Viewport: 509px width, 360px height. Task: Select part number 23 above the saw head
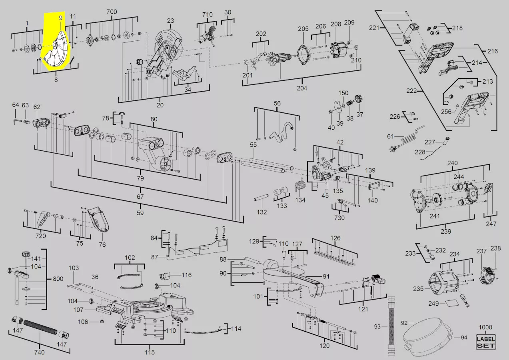[x=171, y=21]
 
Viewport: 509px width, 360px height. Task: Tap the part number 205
[x=303, y=28]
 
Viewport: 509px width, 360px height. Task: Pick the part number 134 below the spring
[x=300, y=200]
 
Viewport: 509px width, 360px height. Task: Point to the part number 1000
[x=485, y=327]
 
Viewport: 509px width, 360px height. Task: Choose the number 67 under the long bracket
[x=140, y=197]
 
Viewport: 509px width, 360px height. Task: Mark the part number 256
[x=446, y=112]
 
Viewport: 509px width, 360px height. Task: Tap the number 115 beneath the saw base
[x=150, y=352]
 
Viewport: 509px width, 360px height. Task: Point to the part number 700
[x=112, y=12]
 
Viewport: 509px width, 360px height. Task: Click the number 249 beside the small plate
[x=433, y=303]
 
